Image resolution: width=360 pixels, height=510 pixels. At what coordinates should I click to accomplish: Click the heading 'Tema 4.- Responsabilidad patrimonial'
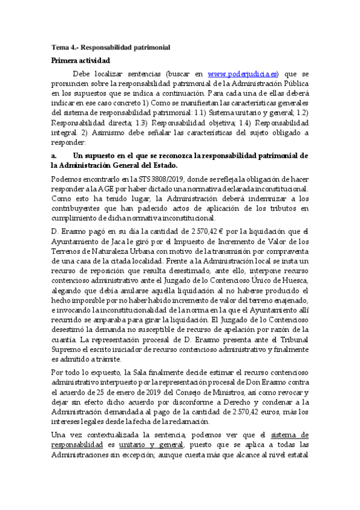111,47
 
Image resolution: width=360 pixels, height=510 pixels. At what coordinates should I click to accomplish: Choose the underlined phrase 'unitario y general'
153,444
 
